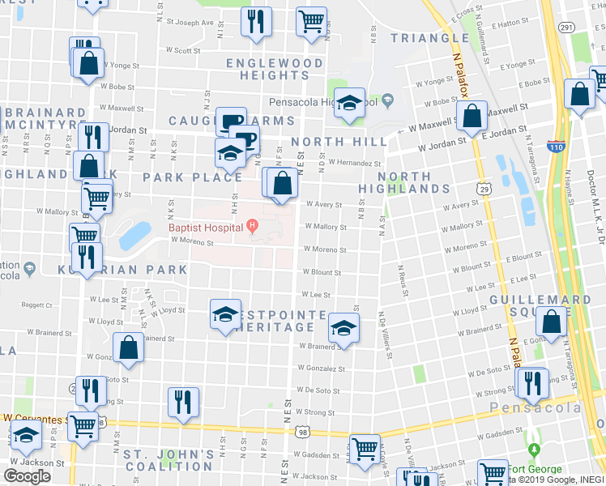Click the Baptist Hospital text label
[x=206, y=228]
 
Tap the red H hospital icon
[x=252, y=225]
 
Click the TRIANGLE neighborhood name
[x=429, y=38]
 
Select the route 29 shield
[x=484, y=189]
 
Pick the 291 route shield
[x=566, y=28]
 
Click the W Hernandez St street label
[x=354, y=163]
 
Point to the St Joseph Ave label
[x=190, y=23]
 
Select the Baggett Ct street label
[x=37, y=305]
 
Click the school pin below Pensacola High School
[x=350, y=104]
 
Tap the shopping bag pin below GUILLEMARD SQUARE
[x=552, y=322]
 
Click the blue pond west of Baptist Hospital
[x=134, y=235]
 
